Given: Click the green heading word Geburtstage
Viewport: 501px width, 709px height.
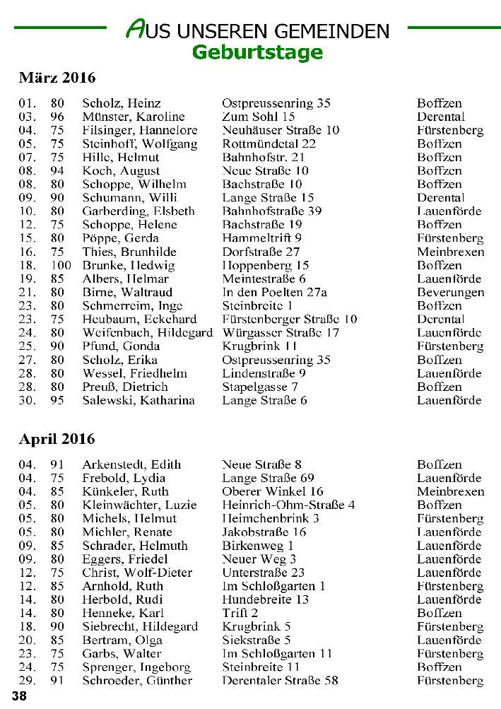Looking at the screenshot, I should [x=257, y=52].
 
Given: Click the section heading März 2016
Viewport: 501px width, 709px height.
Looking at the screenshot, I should [x=57, y=77].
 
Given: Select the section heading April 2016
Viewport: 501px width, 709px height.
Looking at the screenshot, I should [x=57, y=439].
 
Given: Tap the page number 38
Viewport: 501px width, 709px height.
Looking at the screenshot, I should [x=19, y=696].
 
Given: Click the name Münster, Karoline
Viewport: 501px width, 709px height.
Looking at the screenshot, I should [x=134, y=117].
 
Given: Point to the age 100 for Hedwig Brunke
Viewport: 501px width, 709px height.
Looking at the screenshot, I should [x=62, y=265].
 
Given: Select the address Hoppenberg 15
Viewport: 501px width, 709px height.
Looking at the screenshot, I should [x=266, y=265].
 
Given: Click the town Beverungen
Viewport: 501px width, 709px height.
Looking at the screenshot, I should [x=450, y=292].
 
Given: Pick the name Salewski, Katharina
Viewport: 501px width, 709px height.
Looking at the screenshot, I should [x=138, y=400].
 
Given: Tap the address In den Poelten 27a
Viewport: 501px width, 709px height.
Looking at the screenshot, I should [x=275, y=292].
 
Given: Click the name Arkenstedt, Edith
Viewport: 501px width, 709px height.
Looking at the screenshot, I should [x=131, y=464].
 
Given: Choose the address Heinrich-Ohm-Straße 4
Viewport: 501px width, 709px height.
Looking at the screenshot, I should [x=288, y=505].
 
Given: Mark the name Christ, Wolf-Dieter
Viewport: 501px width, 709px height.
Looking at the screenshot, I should [x=137, y=573].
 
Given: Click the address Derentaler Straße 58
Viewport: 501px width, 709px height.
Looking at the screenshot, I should [x=280, y=680].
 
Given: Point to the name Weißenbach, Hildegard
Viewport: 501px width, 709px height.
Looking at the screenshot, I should [x=148, y=332].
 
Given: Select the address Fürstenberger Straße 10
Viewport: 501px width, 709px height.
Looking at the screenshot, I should [x=290, y=319].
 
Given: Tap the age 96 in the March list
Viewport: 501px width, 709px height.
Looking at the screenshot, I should [x=57, y=117].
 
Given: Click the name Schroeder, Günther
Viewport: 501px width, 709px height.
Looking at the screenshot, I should [x=137, y=680].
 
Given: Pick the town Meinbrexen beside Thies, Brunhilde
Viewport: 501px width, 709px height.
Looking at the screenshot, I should [x=450, y=252].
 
